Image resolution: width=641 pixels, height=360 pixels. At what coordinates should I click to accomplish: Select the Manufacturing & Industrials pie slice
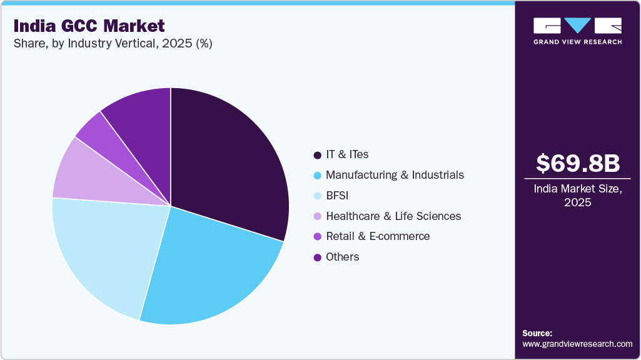tap(213, 269)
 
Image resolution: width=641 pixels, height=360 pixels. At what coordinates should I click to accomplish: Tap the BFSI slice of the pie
tap(106, 250)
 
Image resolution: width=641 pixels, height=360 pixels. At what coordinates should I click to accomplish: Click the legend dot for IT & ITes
tap(317, 154)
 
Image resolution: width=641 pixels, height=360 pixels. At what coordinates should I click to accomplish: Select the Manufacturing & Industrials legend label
tap(395, 175)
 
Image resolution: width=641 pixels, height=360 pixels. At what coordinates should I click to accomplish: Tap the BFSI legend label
tap(337, 196)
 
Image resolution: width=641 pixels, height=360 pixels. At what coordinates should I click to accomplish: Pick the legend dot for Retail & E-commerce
tap(317, 236)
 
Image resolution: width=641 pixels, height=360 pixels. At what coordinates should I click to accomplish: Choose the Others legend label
tap(342, 257)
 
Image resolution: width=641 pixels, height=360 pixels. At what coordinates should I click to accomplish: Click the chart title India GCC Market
tap(89, 26)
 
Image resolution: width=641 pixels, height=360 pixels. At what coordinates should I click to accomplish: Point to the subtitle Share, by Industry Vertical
tap(113, 44)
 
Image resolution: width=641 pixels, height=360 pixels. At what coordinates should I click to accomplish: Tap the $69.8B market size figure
tap(578, 163)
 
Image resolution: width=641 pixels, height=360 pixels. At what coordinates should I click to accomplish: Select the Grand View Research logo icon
tap(577, 26)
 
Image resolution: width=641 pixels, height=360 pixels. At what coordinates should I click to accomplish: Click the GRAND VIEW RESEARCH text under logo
tap(577, 42)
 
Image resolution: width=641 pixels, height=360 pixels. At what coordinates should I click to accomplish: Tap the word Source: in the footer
tap(537, 333)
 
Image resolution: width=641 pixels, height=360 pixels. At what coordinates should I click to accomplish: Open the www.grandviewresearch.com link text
tap(577, 344)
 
